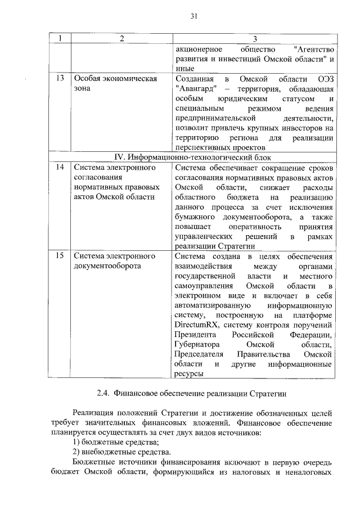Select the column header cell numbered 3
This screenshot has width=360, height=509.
point(254,39)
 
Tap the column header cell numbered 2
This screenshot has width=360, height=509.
point(120,39)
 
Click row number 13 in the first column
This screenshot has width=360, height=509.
point(59,78)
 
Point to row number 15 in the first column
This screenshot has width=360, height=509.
point(59,256)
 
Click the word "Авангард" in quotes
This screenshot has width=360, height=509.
point(195,89)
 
